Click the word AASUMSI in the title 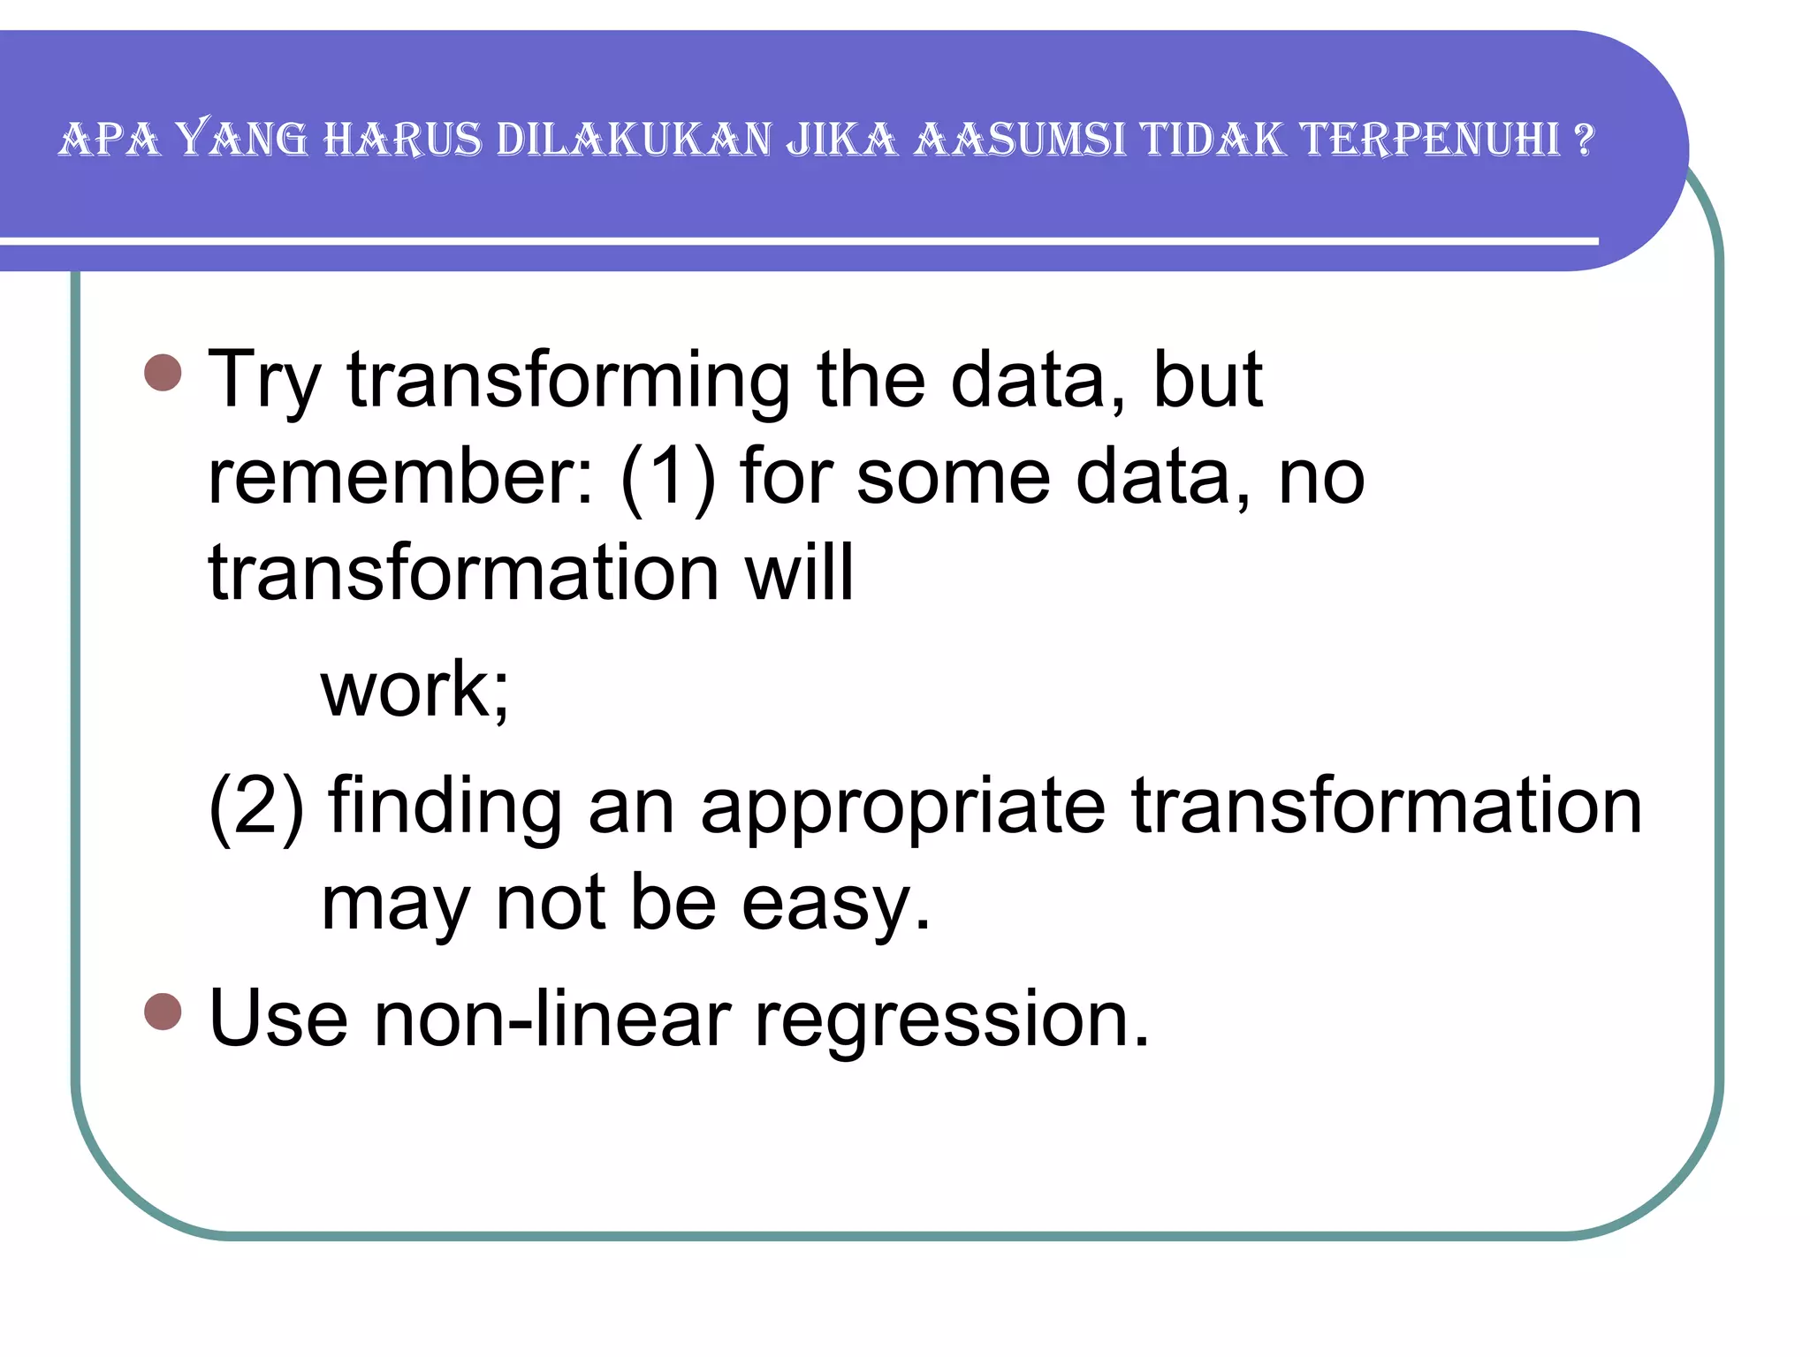tap(1020, 140)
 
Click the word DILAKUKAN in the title tap(634, 140)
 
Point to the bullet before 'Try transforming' tap(163, 373)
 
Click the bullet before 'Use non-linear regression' tap(163, 1011)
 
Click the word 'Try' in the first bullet tap(263, 382)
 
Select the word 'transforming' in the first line tap(568, 382)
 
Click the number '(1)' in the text tap(667, 478)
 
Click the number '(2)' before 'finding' tap(256, 807)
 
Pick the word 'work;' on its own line tap(415, 690)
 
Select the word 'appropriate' tap(902, 808)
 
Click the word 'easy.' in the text tap(836, 905)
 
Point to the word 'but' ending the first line tap(1208, 382)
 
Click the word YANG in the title tap(241, 140)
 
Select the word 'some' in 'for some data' tap(953, 478)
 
